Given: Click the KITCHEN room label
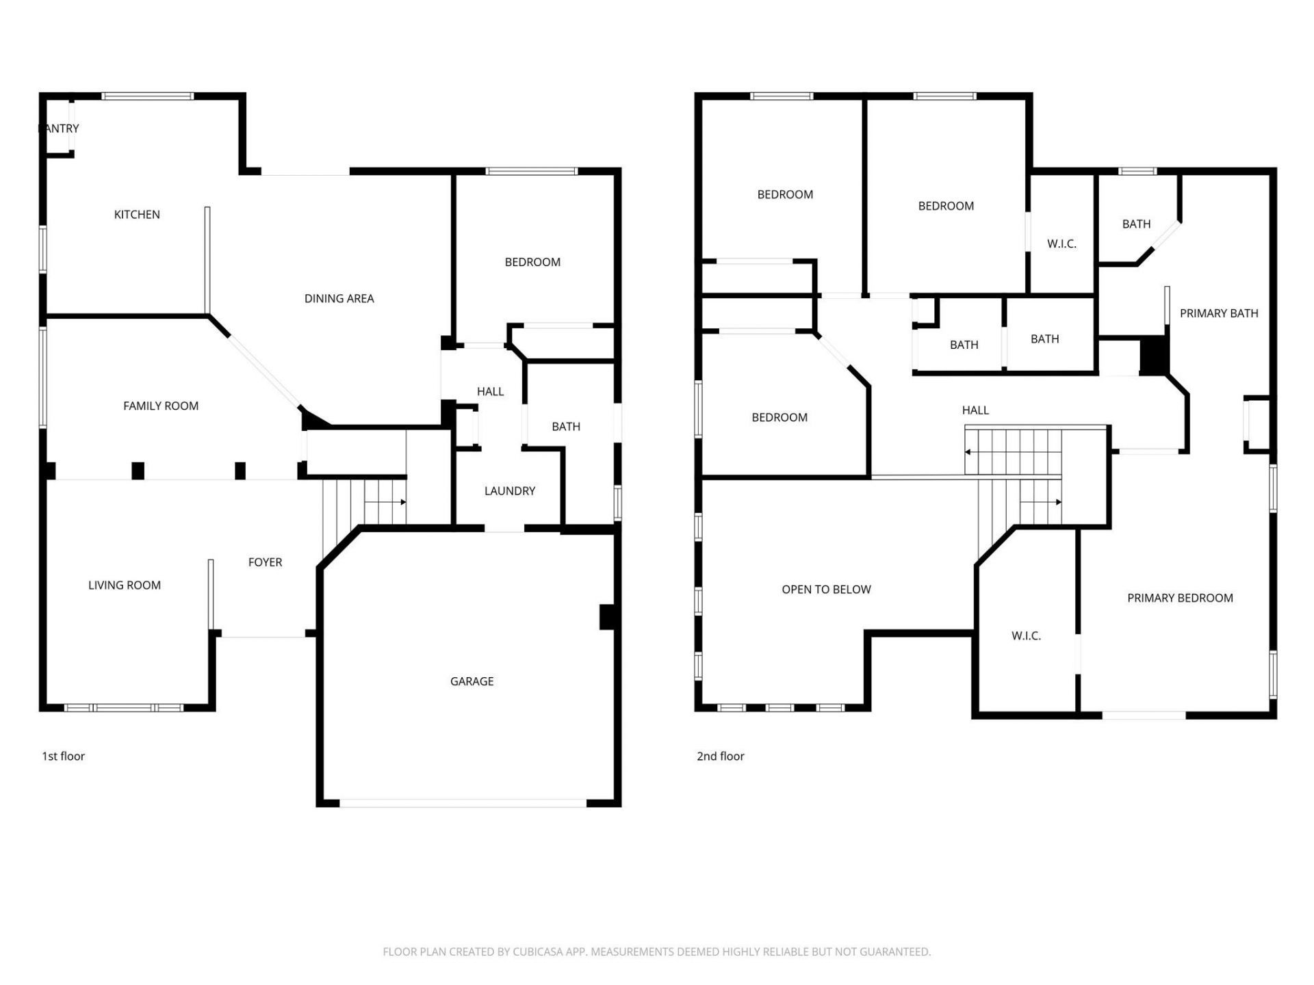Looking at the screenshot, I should (x=137, y=215).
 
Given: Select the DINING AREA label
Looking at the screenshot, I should (x=339, y=298).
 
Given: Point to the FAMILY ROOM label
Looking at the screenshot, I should (x=161, y=406).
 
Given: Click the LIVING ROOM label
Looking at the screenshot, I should (x=125, y=586).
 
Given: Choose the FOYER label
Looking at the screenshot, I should (x=265, y=562).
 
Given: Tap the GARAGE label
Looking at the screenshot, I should (x=472, y=681).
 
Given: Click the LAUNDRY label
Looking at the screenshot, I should (x=509, y=491).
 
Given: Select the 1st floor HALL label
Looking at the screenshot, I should (x=490, y=391).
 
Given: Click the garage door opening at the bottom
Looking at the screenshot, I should (x=463, y=803).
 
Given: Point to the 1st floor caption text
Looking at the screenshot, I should (x=64, y=756).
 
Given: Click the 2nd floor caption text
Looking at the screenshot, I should (x=720, y=756).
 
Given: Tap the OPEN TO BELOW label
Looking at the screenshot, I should (x=826, y=590).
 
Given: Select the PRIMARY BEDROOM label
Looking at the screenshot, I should (x=1180, y=598).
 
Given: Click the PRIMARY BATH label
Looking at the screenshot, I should (x=1219, y=313).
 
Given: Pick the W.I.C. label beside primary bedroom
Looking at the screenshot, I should (x=1026, y=636).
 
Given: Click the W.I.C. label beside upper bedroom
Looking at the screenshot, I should (x=1061, y=244).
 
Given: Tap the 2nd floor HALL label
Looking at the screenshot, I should (x=975, y=410).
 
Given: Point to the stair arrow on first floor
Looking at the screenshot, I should (x=402, y=502).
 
